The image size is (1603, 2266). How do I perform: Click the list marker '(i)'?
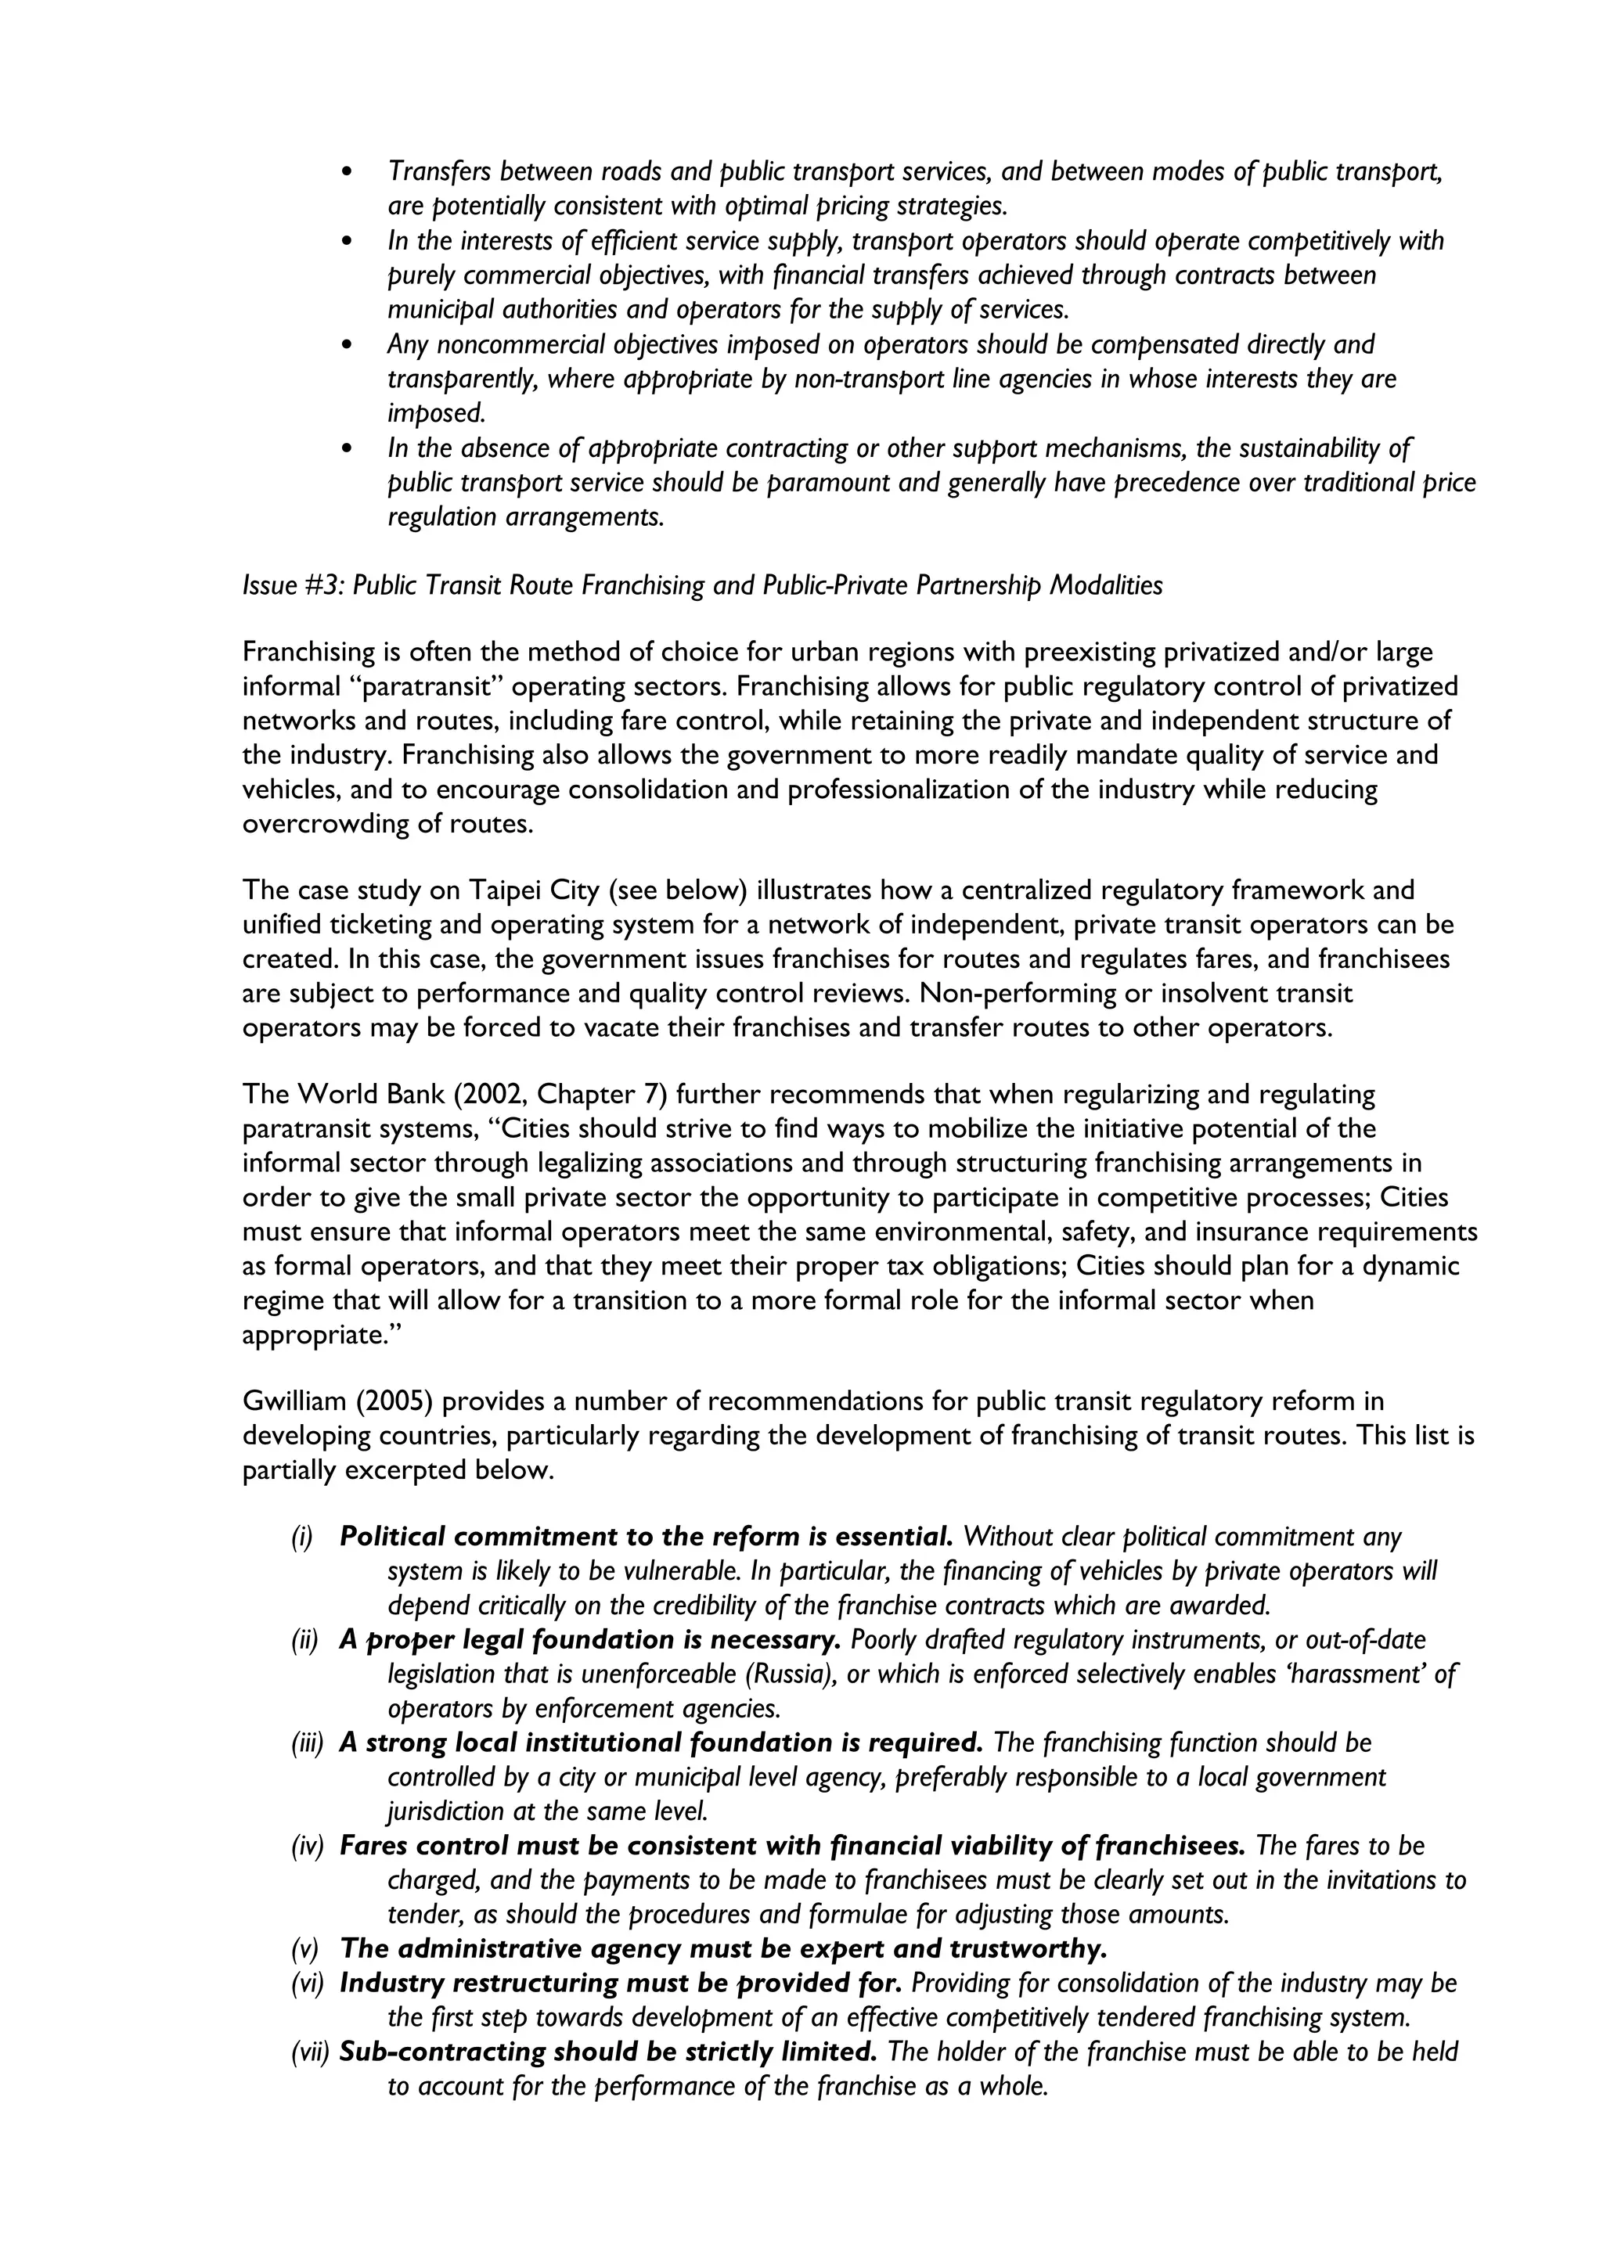tap(301, 1537)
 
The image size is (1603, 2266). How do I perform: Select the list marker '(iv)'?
tap(307, 1846)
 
